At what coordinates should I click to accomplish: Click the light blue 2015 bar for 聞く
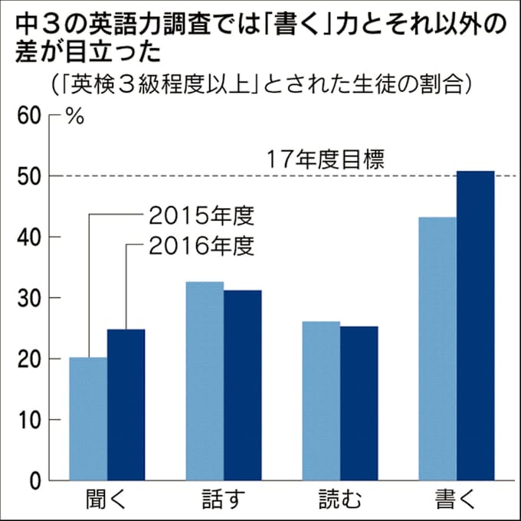(88, 419)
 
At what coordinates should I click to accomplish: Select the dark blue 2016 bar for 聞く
(126, 405)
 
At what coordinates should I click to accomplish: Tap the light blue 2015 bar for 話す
(205, 381)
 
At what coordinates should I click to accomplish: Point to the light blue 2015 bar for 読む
(321, 401)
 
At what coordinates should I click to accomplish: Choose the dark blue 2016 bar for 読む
(359, 403)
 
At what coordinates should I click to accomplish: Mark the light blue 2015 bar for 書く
(437, 349)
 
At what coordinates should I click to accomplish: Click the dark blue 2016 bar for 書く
(475, 326)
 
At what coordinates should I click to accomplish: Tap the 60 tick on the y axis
(28, 116)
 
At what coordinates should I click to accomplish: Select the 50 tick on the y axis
(28, 176)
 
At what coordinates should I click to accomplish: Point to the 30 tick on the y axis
(28, 298)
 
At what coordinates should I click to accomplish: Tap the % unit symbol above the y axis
(74, 117)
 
